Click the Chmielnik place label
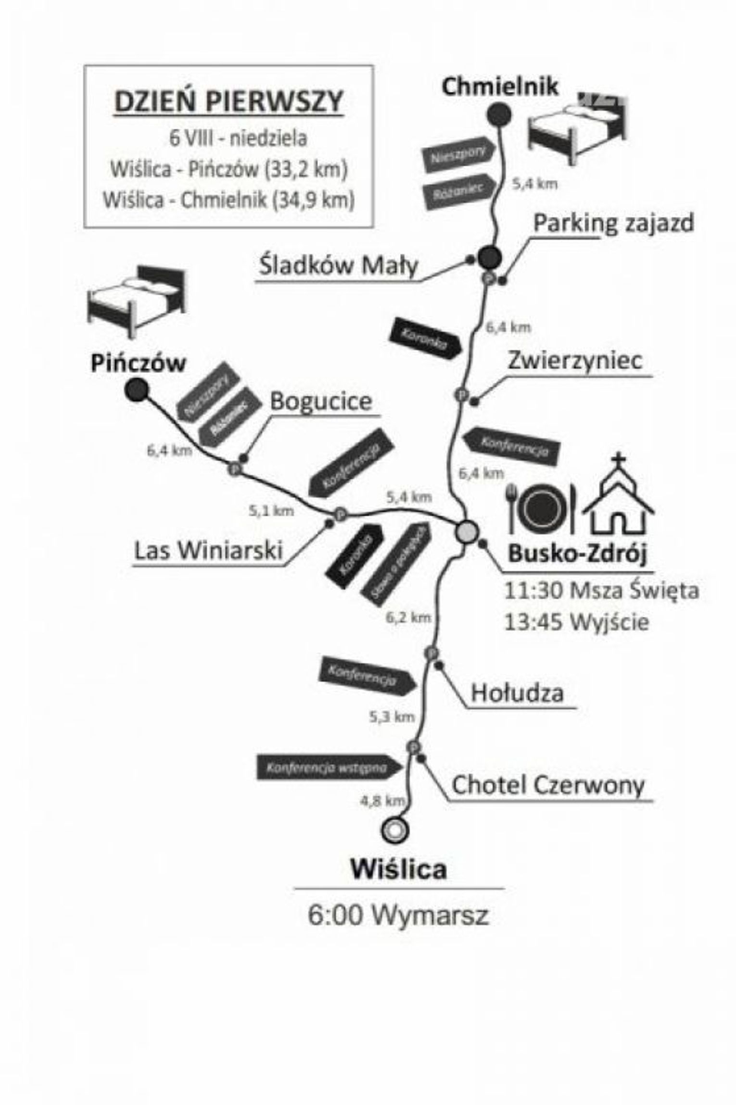500,87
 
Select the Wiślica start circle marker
394,830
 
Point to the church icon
619,495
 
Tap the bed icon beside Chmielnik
577,129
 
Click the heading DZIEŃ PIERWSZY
228,102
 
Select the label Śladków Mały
338,266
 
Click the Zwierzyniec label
575,360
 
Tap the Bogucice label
321,401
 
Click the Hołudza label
517,693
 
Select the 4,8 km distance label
382,801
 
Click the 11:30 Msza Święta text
601,591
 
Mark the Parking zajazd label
614,223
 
